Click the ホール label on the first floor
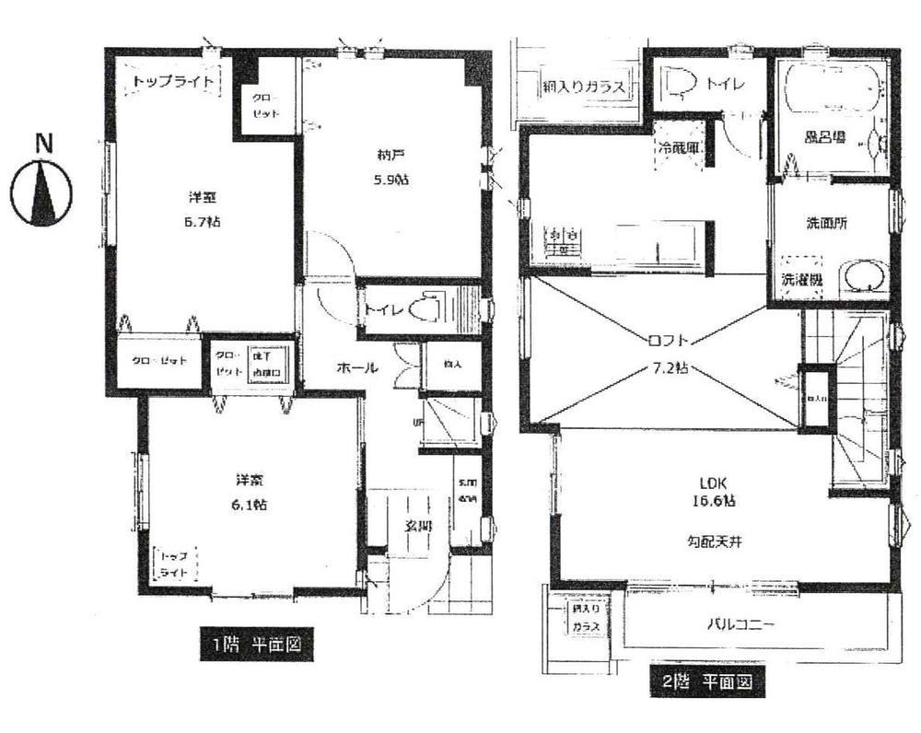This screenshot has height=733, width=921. [357, 367]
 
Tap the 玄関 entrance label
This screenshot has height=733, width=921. [418, 526]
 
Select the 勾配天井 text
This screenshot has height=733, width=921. [715, 541]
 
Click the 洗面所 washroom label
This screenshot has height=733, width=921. [826, 222]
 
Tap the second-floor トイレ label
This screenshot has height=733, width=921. [726, 85]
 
